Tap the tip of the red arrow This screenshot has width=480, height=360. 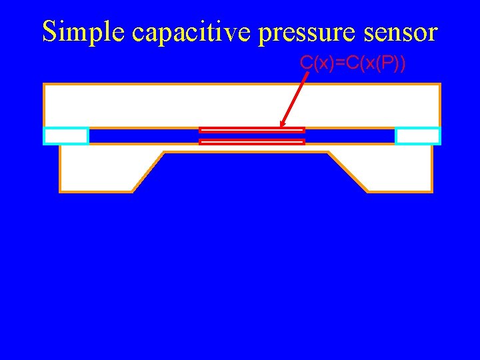pos(281,127)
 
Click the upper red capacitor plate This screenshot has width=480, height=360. pos(252,130)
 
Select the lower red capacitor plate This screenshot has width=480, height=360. pos(252,141)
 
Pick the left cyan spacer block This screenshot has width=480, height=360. pos(66,135)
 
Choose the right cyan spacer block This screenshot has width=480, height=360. pos(417,135)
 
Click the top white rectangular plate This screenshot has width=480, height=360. pos(241,105)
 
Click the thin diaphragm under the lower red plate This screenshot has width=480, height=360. pos(247,148)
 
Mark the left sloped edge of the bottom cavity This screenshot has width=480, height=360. pos(148,172)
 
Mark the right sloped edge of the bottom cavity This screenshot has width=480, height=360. pos(348,172)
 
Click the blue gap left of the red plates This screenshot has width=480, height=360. pos(143,136)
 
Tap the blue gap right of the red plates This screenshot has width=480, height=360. pos(349,136)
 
